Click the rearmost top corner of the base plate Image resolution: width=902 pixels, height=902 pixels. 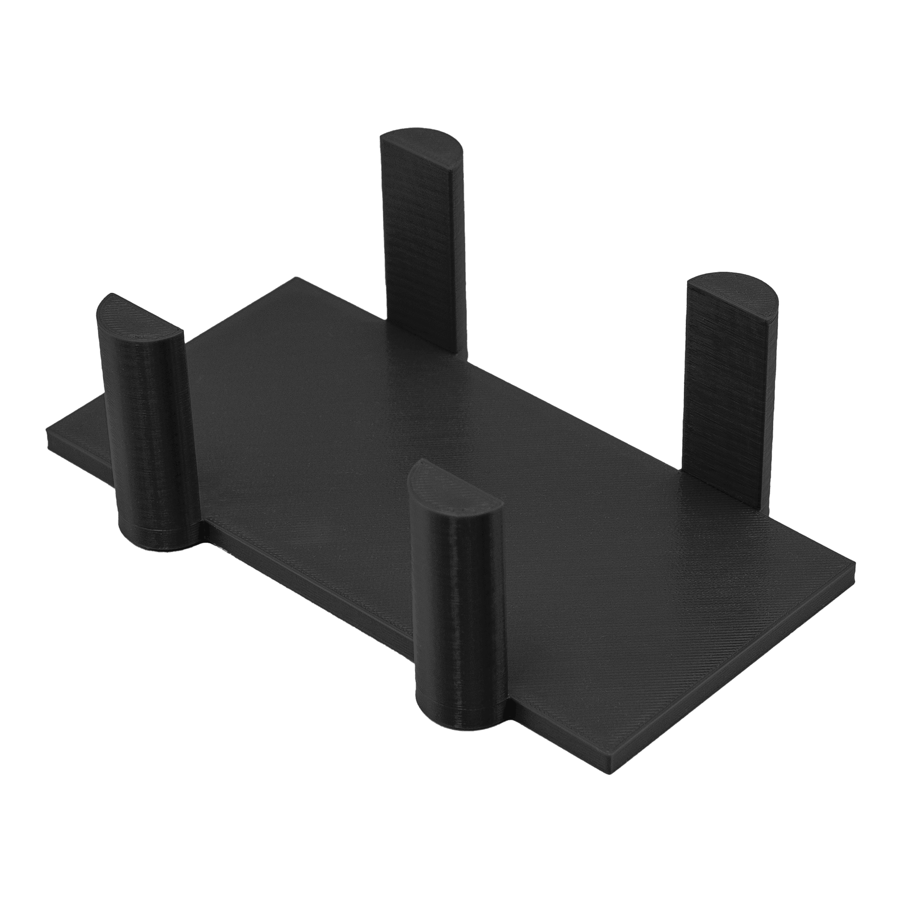click(295, 279)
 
